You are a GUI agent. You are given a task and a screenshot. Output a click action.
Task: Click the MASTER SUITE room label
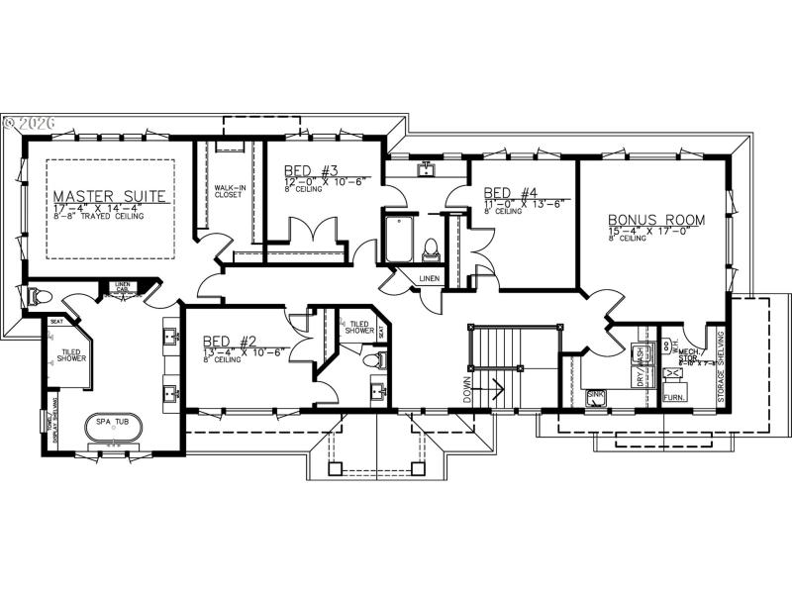click(111, 195)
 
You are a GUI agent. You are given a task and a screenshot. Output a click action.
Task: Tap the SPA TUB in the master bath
click(111, 427)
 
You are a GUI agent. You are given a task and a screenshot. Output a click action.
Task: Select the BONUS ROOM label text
click(655, 220)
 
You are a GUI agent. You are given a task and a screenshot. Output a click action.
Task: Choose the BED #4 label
click(510, 193)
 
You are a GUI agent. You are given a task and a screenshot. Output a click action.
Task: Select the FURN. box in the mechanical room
click(674, 396)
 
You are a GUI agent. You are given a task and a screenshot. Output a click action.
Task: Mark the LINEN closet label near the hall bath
click(429, 279)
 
